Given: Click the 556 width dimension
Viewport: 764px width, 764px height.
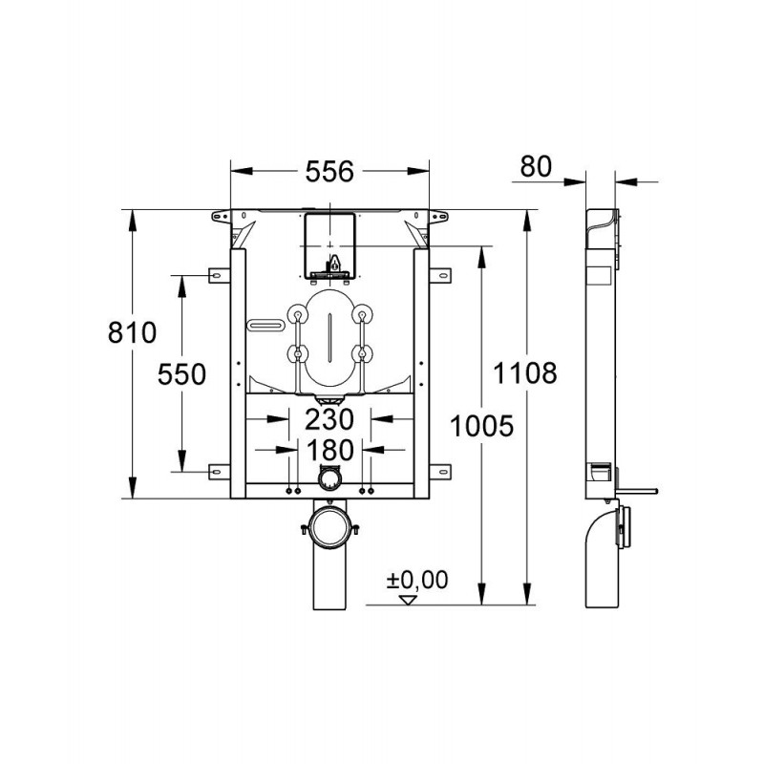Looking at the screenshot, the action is click(x=329, y=172).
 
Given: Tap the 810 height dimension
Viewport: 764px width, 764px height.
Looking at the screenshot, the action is click(x=132, y=332).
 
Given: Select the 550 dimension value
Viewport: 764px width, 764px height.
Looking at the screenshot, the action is click(x=181, y=374).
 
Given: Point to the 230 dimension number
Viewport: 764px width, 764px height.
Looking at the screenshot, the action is click(x=329, y=419).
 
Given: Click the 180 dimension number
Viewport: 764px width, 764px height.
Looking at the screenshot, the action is click(x=329, y=450).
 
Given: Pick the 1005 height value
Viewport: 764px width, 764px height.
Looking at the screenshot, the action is click(x=481, y=426).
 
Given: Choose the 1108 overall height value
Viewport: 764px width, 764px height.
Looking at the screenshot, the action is click(x=524, y=373).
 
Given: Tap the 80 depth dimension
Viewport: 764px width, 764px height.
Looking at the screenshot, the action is click(x=536, y=166).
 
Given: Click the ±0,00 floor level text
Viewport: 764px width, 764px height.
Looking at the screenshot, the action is click(x=417, y=581).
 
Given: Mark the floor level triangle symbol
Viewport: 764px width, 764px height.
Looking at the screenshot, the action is click(x=408, y=600).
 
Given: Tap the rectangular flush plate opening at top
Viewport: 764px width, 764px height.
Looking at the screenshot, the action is click(x=329, y=245).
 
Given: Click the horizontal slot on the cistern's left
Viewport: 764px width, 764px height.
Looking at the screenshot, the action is click(x=265, y=324).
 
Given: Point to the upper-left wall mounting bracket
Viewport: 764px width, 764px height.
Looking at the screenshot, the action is click(x=220, y=275).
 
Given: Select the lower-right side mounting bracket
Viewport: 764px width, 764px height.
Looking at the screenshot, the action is click(x=440, y=472).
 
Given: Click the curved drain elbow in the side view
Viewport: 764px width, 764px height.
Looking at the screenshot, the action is click(x=603, y=556).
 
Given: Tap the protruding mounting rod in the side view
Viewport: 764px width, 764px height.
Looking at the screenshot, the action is click(x=637, y=491).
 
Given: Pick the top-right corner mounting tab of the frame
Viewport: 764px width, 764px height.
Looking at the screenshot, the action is click(x=438, y=217).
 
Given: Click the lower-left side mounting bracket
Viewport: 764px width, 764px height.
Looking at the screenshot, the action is click(x=220, y=472).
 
